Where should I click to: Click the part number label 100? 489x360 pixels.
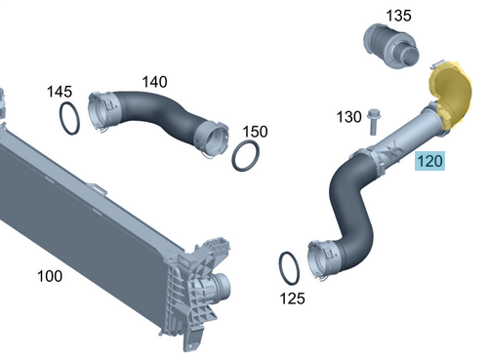50,276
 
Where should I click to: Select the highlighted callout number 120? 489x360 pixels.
429,161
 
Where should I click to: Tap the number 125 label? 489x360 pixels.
292,299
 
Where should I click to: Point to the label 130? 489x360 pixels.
348,117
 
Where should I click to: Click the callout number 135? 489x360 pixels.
398,16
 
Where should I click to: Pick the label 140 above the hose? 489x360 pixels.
155,82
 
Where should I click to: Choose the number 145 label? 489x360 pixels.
60,92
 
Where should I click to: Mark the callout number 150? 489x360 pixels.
256,132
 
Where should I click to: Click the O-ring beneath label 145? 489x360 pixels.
61,118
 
